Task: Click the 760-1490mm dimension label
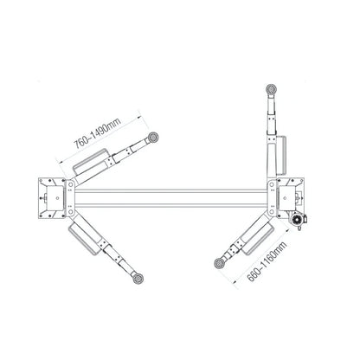[x=98, y=133]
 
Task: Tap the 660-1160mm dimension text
[x=267, y=261]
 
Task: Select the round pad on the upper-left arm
[x=153, y=138]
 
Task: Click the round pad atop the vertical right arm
[x=272, y=89]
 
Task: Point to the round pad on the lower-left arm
[x=138, y=279]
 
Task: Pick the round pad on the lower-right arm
[x=220, y=263]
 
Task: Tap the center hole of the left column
[x=58, y=198]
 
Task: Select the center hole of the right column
[x=285, y=198]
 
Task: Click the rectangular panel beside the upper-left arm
[x=90, y=161]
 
